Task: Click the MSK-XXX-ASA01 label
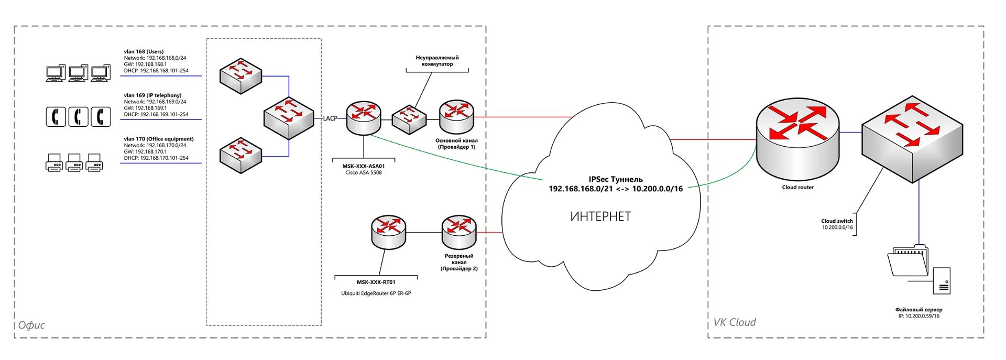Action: click(x=364, y=166)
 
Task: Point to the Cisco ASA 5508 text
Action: click(x=364, y=173)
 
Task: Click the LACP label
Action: click(x=330, y=118)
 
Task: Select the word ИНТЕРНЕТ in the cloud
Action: click(x=600, y=216)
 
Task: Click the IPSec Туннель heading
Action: click(x=616, y=179)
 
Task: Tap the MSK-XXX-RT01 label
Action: click(x=376, y=282)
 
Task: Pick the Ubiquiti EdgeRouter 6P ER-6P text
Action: click(x=376, y=293)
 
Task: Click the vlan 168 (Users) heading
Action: click(x=144, y=52)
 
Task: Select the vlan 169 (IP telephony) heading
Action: click(x=152, y=95)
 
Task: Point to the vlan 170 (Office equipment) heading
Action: click(x=159, y=139)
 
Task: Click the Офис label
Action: click(x=31, y=325)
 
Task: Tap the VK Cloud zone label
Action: click(x=735, y=322)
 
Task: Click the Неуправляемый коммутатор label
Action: click(x=437, y=61)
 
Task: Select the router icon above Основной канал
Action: click(x=456, y=116)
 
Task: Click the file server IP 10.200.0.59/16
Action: click(x=919, y=317)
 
